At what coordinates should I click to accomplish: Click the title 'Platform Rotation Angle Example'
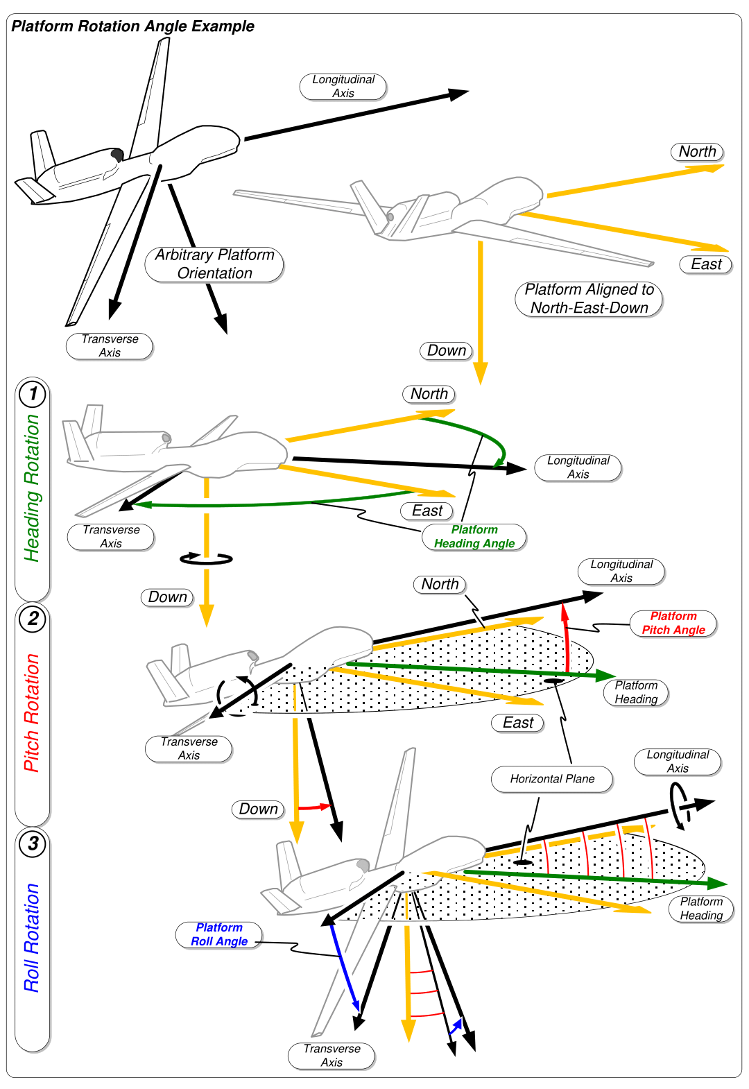click(132, 26)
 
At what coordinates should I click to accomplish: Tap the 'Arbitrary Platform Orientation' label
click(214, 264)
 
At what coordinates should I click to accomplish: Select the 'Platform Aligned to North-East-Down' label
click(589, 299)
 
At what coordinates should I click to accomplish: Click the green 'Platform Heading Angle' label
click(474, 537)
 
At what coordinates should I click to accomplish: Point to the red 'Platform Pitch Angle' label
click(673, 623)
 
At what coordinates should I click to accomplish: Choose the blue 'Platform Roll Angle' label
click(219, 934)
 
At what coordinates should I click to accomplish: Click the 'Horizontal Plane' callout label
click(552, 779)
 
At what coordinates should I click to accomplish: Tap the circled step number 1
click(33, 394)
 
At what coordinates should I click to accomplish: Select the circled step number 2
click(33, 619)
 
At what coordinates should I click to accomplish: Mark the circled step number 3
click(33, 843)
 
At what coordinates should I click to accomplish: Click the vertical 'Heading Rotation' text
click(32, 488)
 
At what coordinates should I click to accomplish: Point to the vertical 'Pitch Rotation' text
click(32, 713)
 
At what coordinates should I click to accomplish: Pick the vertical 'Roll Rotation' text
click(32, 938)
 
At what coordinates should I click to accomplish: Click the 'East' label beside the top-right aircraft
click(706, 264)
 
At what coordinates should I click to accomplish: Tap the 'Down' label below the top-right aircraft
click(446, 351)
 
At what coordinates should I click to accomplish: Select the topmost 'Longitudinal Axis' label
click(343, 87)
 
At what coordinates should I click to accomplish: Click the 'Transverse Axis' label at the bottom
click(332, 1056)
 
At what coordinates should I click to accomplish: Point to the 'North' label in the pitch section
click(440, 585)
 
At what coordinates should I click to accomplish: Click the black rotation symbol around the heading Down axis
click(206, 558)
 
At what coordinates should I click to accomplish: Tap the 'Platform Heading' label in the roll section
click(701, 909)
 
